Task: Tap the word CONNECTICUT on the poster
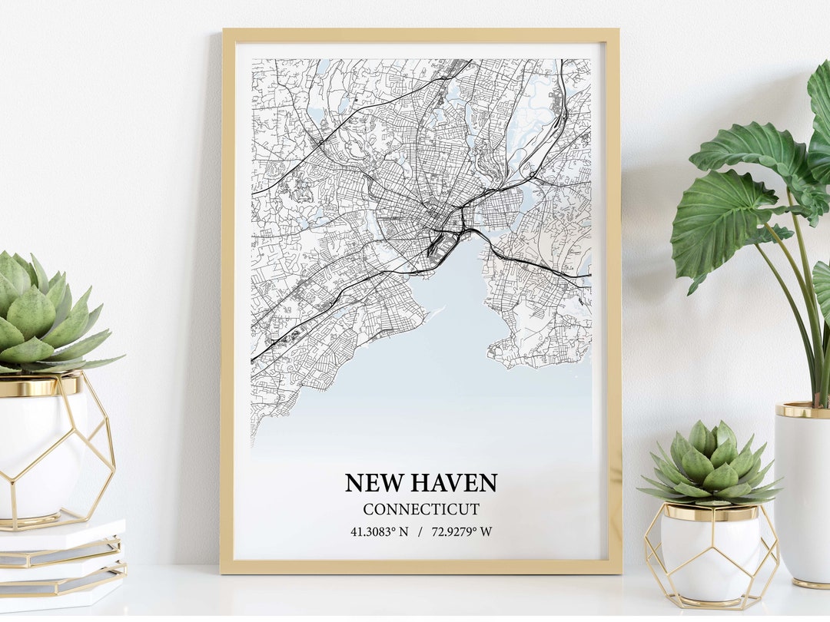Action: coord(421,509)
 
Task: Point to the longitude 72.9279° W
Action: coord(462,531)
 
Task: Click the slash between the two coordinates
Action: coord(420,531)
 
